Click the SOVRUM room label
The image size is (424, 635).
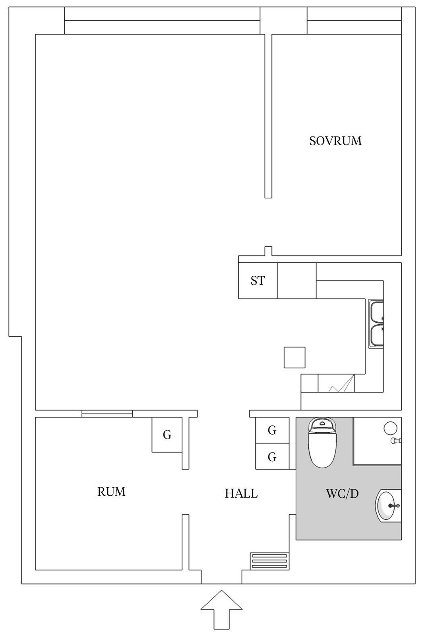[x=335, y=141]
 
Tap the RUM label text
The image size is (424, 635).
[x=111, y=492]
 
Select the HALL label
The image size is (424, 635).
[x=241, y=494]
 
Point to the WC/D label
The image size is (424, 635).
[x=342, y=494]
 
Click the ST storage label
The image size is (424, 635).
[x=257, y=281]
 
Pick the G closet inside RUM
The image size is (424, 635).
[x=167, y=435]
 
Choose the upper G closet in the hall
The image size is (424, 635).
[x=272, y=430]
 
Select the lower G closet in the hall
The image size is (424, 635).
[x=272, y=456]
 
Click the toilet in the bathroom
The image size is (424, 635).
[x=322, y=442]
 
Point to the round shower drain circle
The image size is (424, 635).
[x=391, y=428]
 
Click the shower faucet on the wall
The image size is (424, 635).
[x=396, y=441]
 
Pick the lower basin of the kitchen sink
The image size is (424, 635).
[x=376, y=336]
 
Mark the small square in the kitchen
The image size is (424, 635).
[x=294, y=358]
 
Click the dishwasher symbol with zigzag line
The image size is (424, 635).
[x=336, y=383]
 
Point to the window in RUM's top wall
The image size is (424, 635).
[x=107, y=414]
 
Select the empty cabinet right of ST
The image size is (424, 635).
[x=296, y=281]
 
